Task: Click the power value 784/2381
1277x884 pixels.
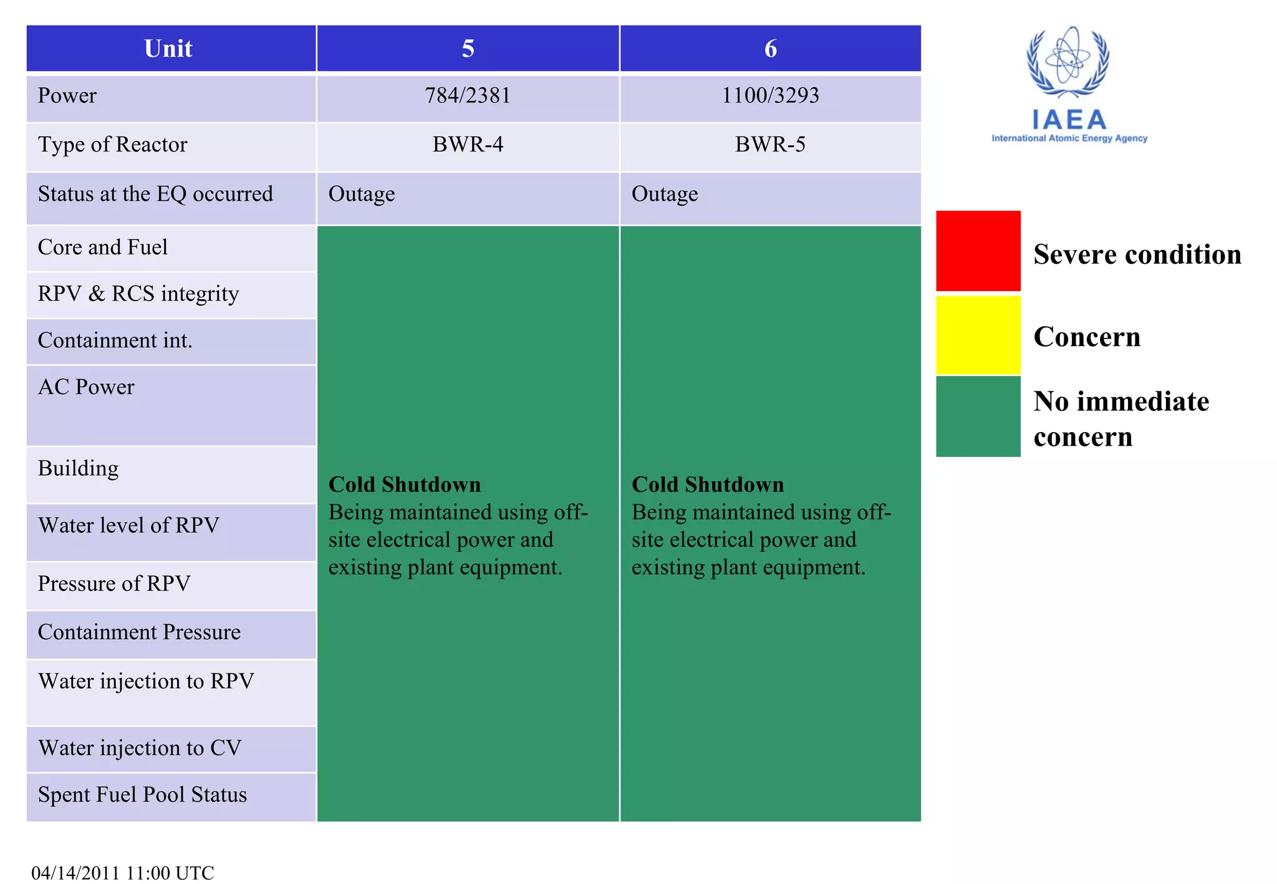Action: (x=468, y=95)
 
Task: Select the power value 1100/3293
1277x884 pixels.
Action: (x=770, y=95)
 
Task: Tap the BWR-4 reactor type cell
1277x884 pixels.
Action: (x=468, y=145)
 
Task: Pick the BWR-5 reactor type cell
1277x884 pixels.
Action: (x=770, y=145)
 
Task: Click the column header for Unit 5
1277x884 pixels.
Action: (x=468, y=49)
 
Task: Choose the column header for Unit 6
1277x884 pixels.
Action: (x=771, y=49)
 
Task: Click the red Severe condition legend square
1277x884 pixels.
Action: (x=978, y=251)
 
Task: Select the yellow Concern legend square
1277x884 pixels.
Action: (x=978, y=335)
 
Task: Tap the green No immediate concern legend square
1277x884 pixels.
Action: (x=978, y=416)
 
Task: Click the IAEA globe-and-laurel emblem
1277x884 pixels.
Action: (x=1068, y=62)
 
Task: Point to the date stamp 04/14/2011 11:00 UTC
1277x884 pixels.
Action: (x=123, y=872)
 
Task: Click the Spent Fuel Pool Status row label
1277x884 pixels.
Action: (x=142, y=795)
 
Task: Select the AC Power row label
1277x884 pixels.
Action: (x=86, y=387)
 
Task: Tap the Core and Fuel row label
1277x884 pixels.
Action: (x=103, y=247)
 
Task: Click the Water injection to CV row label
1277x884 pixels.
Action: (x=140, y=748)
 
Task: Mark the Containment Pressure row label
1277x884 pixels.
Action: (x=139, y=632)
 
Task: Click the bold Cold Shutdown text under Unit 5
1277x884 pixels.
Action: (x=405, y=484)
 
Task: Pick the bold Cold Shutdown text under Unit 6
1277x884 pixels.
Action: (x=708, y=484)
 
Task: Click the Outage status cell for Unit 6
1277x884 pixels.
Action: (x=665, y=194)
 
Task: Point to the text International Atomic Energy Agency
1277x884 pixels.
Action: (x=1069, y=138)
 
